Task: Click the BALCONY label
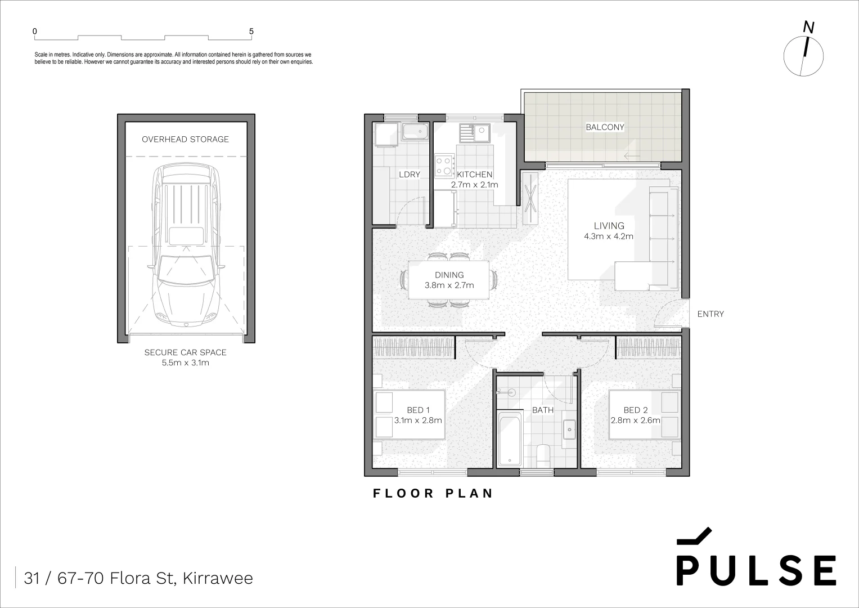coord(605,127)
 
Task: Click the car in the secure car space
coord(186,245)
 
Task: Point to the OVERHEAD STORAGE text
coord(185,139)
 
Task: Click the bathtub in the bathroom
coord(510,438)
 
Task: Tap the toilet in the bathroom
coord(543,455)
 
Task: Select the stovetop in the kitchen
coord(444,166)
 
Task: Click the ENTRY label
coord(710,314)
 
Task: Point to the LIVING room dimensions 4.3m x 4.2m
coord(609,236)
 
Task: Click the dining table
coord(448,280)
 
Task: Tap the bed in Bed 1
coord(410,415)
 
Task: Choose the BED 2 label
coord(635,410)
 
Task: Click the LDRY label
coord(409,175)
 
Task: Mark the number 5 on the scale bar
coord(251,32)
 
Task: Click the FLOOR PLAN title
coord(433,494)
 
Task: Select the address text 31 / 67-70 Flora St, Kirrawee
coord(138,578)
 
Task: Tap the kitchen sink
coord(474,133)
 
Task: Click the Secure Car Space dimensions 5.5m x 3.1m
coord(185,363)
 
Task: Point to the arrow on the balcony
coord(632,156)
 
